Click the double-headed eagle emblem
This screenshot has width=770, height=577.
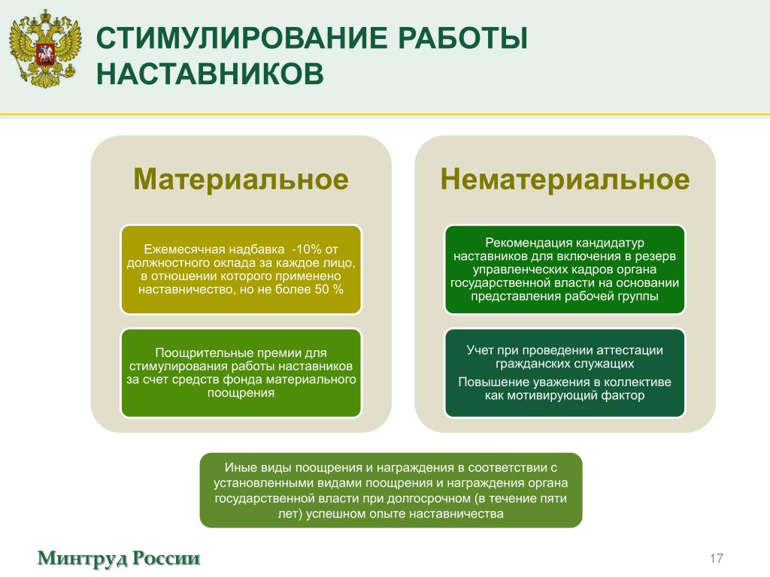tap(45, 48)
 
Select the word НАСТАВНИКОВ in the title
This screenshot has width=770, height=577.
tap(210, 74)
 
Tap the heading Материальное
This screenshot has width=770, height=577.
tap(241, 179)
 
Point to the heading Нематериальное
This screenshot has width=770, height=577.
tap(565, 179)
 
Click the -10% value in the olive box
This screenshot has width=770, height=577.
tap(308, 249)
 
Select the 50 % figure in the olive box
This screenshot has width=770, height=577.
tap(329, 289)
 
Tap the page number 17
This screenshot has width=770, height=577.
tap(716, 558)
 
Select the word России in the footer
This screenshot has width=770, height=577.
tap(166, 558)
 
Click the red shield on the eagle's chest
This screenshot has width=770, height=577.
tap(45, 53)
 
